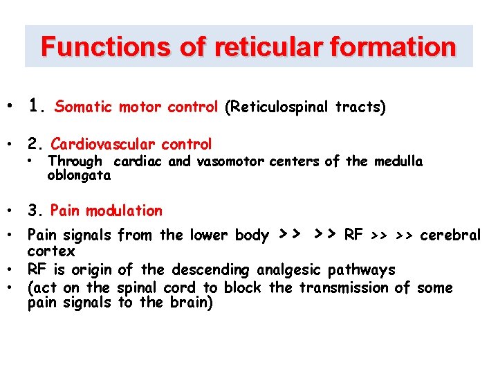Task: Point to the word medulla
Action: coord(398,162)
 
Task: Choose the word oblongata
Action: coord(78,175)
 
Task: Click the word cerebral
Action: coord(450,235)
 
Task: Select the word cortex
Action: coord(51,251)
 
